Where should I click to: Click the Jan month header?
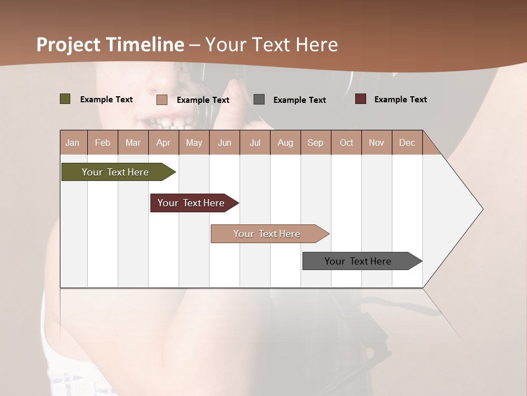point(72,142)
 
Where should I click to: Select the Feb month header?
point(103,142)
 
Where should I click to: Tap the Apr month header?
point(163,142)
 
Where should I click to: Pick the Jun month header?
point(225,142)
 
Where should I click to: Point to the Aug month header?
point(285,142)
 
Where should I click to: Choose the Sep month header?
point(315,142)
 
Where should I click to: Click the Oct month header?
point(346,142)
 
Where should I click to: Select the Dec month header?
point(407,142)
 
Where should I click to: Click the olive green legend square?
point(65,99)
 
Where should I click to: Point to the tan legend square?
point(162,100)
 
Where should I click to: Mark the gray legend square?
point(259,100)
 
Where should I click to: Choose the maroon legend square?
point(361,99)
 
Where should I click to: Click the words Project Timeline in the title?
point(110,45)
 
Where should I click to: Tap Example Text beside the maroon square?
point(400,100)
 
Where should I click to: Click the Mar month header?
point(133,142)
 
